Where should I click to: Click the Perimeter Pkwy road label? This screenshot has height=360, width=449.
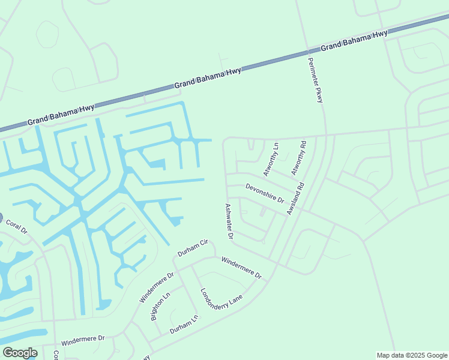315,80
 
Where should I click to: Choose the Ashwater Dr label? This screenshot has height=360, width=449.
229,221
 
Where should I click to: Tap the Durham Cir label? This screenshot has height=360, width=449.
191,248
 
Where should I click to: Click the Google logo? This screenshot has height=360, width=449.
19,353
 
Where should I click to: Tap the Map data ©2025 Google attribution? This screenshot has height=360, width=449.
411,355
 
